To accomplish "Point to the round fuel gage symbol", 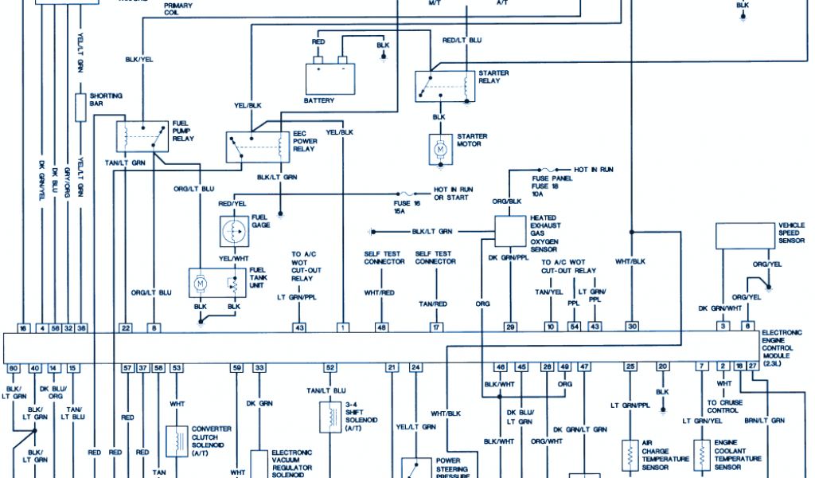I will pos(236,230).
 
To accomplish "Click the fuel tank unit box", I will pos(216,283).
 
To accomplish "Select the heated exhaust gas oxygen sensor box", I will pos(509,230).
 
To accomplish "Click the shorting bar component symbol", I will pos(80,105).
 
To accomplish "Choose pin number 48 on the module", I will pos(382,327).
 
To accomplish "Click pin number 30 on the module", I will pos(632,327).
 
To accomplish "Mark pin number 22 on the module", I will pos(125,327).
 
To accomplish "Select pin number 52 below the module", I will pos(330,367).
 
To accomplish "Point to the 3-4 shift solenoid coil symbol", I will pos(326,417).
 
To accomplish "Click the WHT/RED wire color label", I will pos(379,293).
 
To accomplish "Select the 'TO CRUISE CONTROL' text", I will pos(723,406).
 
